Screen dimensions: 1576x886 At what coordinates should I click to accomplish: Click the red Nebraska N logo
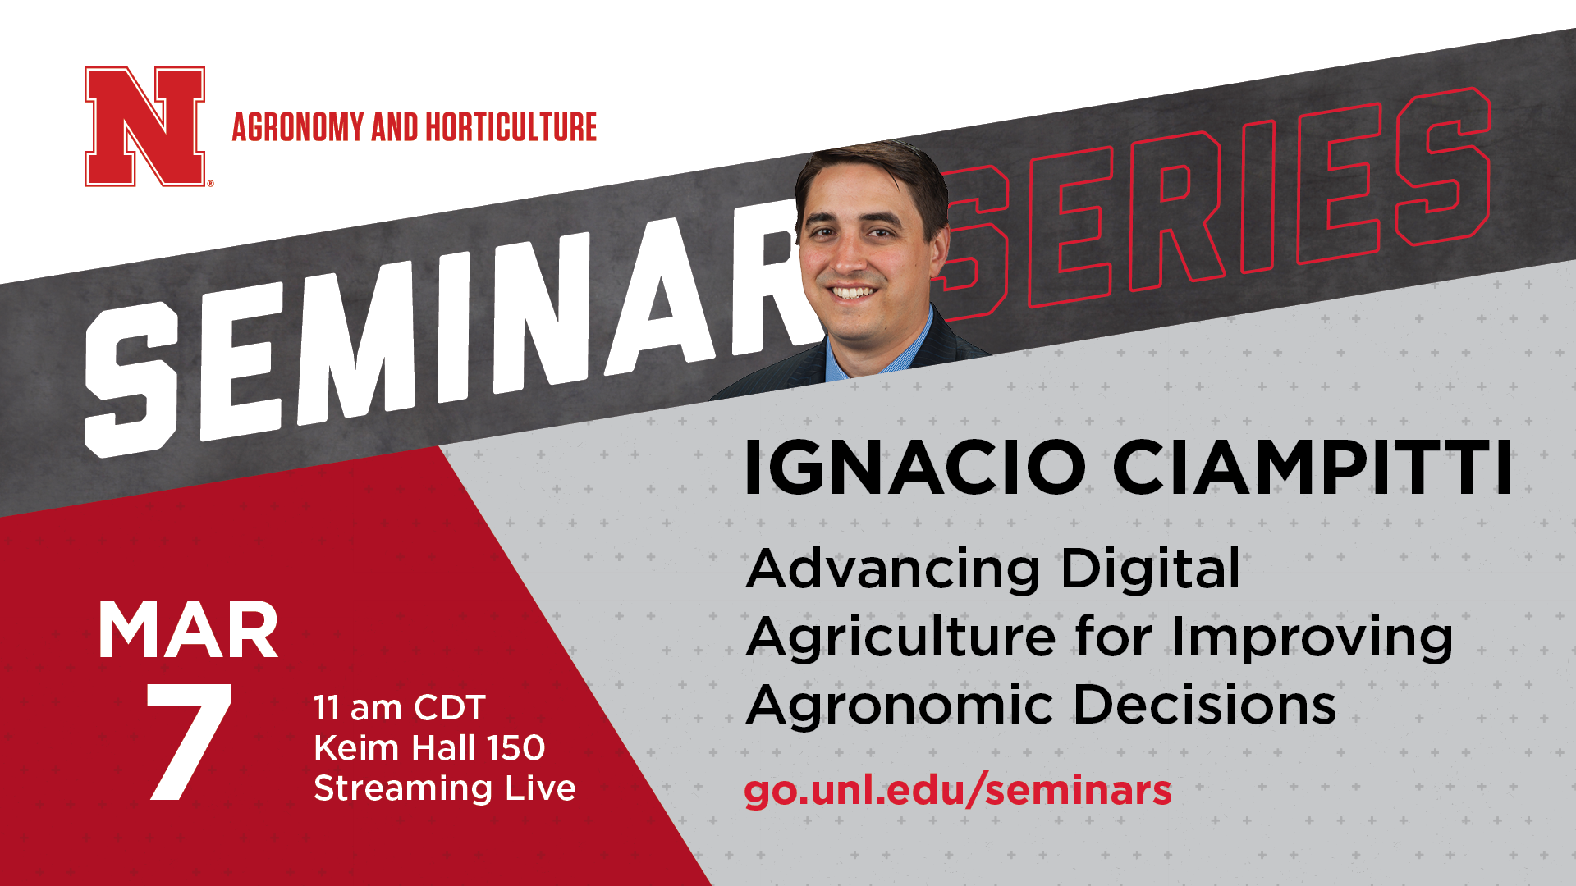pyautogui.click(x=145, y=126)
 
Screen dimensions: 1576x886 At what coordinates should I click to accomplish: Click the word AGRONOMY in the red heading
pyautogui.click(x=298, y=127)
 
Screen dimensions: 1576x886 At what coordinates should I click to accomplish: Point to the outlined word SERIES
pyautogui.click(x=1215, y=205)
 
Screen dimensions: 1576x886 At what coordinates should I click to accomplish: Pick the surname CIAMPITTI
pyautogui.click(x=1313, y=468)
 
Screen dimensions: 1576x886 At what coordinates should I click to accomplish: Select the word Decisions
pyautogui.click(x=1205, y=706)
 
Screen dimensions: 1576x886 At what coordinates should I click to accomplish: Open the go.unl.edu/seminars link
pyautogui.click(x=958, y=791)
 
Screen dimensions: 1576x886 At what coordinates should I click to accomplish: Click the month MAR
pyautogui.click(x=188, y=630)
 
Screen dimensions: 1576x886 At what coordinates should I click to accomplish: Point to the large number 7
pyautogui.click(x=188, y=742)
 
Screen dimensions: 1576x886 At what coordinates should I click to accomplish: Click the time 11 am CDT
pyautogui.click(x=400, y=708)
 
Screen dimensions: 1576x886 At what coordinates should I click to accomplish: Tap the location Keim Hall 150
pyautogui.click(x=429, y=748)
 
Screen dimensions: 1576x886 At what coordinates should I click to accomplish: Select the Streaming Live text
pyautogui.click(x=445, y=788)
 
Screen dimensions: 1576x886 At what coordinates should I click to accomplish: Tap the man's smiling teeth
pyautogui.click(x=854, y=292)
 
